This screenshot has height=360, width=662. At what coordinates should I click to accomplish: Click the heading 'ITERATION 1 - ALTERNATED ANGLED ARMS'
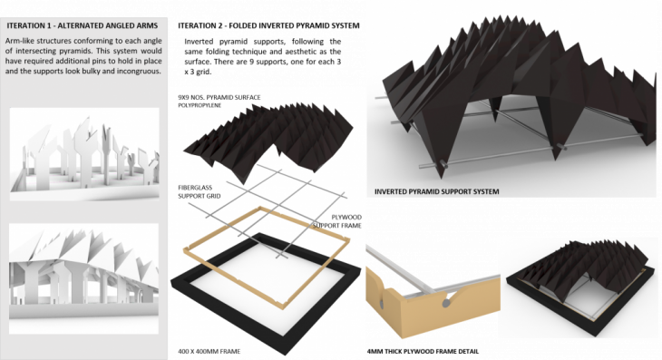pyautogui.click(x=83, y=25)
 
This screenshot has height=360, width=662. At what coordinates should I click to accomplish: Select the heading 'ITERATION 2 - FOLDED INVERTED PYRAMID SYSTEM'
pyautogui.click(x=268, y=25)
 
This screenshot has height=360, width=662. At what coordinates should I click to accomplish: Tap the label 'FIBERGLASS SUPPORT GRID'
pyautogui.click(x=199, y=191)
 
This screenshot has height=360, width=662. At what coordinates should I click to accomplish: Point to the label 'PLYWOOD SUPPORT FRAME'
pyautogui.click(x=337, y=221)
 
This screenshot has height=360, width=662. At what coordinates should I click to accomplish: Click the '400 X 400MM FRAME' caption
pyautogui.click(x=209, y=351)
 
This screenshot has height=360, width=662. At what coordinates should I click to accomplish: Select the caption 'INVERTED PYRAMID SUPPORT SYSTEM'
pyautogui.click(x=436, y=191)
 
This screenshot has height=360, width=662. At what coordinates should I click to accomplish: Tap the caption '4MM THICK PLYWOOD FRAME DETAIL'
pyautogui.click(x=423, y=351)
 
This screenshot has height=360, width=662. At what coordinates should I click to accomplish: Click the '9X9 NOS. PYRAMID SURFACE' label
pyautogui.click(x=219, y=98)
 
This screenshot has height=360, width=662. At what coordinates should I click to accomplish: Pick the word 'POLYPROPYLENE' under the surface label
pyautogui.click(x=200, y=105)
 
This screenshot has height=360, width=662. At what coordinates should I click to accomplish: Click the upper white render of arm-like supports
pyautogui.click(x=84, y=154)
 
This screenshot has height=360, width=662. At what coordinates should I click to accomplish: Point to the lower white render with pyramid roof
pyautogui.click(x=83, y=278)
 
